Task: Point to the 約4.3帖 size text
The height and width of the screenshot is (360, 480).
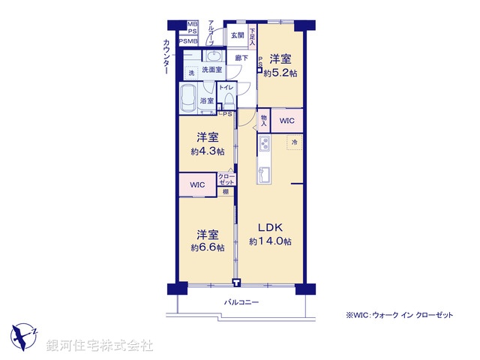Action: [208, 151]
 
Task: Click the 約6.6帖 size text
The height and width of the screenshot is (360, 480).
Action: [208, 248]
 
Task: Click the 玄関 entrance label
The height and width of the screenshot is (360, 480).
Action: [237, 35]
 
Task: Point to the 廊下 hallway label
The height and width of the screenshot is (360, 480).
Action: [241, 58]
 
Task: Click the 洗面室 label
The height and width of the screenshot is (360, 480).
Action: [212, 70]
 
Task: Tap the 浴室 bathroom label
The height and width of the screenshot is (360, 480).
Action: [206, 100]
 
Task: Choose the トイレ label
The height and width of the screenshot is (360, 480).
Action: [226, 88]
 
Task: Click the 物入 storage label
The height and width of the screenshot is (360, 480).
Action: [265, 120]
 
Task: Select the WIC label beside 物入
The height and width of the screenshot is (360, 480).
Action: [287, 121]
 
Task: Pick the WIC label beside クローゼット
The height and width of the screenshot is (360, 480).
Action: [197, 184]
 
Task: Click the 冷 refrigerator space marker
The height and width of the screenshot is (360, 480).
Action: [294, 142]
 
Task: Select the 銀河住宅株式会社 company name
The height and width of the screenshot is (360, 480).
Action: [100, 345]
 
